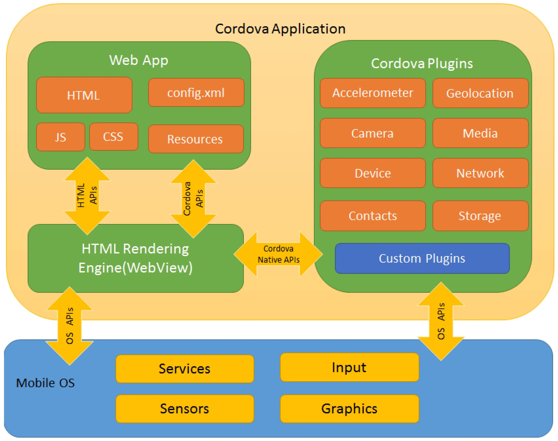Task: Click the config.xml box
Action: click(x=196, y=93)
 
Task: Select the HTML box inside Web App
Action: click(x=84, y=95)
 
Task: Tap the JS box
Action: click(x=61, y=137)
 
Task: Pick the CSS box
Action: click(x=114, y=137)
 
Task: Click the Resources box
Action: click(x=196, y=139)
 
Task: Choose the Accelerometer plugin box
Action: click(x=372, y=93)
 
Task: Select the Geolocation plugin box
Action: click(x=480, y=93)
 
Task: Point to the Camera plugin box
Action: click(x=372, y=133)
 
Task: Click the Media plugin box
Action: click(x=480, y=133)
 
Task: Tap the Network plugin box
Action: click(x=480, y=173)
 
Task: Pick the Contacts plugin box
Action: click(x=372, y=216)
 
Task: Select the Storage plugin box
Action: click(x=480, y=216)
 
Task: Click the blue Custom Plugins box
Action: click(x=422, y=258)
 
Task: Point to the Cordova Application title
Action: click(x=280, y=29)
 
